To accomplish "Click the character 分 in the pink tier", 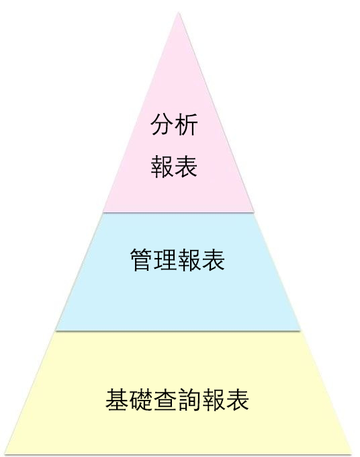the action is click(x=163, y=124).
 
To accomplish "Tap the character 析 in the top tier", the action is click(x=187, y=124).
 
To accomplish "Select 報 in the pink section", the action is click(x=163, y=167).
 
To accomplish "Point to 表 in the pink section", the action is click(x=187, y=167).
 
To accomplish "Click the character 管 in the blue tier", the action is click(x=141, y=259).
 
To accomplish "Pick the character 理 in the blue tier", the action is click(x=165, y=259).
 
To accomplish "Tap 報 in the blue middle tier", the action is click(x=189, y=259).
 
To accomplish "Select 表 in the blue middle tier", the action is click(x=213, y=259).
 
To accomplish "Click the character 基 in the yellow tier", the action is click(x=117, y=400).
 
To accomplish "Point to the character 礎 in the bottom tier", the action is click(x=141, y=400).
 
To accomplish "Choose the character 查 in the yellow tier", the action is click(x=165, y=400).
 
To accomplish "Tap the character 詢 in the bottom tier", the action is click(x=189, y=400).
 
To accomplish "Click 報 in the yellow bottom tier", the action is click(x=213, y=400).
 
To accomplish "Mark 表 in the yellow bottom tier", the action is click(x=237, y=400).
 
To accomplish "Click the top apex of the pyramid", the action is click(x=179, y=13).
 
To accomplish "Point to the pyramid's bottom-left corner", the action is click(x=6, y=454).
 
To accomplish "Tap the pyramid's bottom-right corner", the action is click(x=352, y=454).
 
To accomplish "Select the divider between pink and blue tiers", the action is click(x=178, y=212).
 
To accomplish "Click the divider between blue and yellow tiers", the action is click(x=178, y=331).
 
